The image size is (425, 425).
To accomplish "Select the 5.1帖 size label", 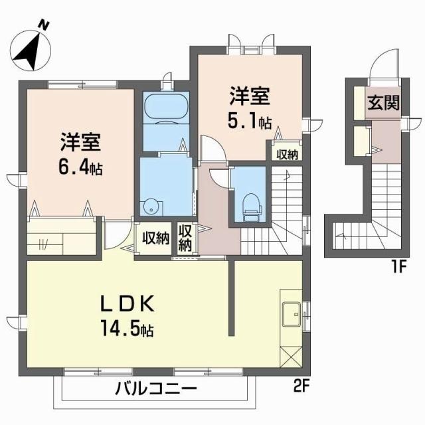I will pos(250,122).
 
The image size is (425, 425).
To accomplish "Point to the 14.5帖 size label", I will pos(129,328).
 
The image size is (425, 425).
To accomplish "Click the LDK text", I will pos(127,305).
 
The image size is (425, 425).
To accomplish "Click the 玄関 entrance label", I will pos(384,104).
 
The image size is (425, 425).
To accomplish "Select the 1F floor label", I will pos(397,268).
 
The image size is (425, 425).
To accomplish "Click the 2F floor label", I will pos(303,384).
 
